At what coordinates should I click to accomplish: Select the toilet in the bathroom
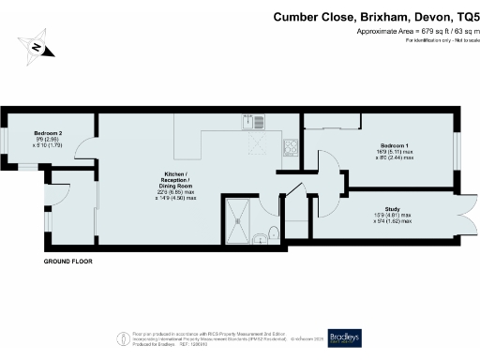pos(270,233)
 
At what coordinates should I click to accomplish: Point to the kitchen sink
pos(248,121)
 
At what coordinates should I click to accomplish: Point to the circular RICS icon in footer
pos(121,337)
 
